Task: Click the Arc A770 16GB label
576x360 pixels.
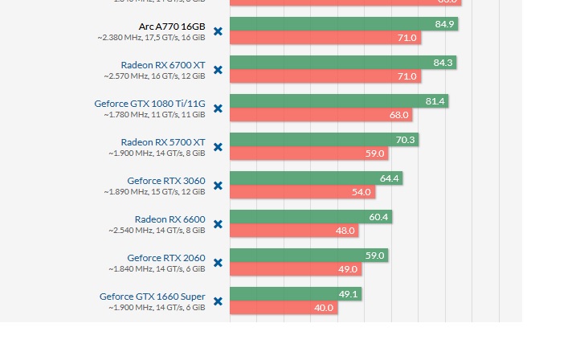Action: (x=172, y=26)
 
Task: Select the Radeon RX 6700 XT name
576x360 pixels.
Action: (x=163, y=64)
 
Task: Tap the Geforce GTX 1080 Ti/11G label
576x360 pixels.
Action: (x=149, y=103)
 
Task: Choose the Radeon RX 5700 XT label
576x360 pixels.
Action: (x=163, y=141)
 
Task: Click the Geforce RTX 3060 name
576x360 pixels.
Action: (x=165, y=180)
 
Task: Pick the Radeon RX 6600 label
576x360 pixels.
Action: (x=170, y=219)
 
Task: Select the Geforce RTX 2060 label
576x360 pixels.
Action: (x=165, y=257)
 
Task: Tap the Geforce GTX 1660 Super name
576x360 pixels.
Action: (x=152, y=296)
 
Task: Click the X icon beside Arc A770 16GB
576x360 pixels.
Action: (x=218, y=31)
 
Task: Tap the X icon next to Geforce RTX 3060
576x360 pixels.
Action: (x=218, y=186)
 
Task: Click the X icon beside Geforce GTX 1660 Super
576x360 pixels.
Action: (x=218, y=301)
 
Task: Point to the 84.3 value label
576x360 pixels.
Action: (x=443, y=63)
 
